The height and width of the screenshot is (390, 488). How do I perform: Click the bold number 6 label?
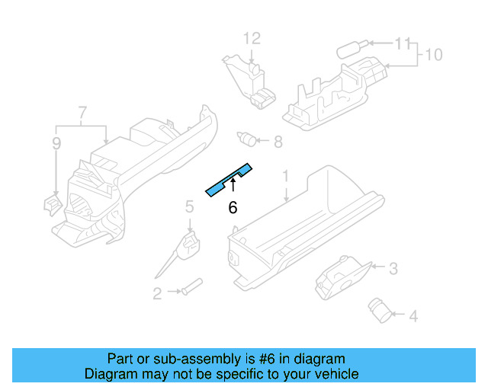pos(233,207)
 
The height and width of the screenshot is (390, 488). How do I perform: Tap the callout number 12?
pos(252,39)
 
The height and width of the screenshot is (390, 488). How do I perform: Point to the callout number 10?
pos(433,55)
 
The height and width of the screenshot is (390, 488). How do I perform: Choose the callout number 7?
pos(82,115)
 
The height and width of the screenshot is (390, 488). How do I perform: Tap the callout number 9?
pos(56,142)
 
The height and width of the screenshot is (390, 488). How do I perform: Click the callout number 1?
pos(286,177)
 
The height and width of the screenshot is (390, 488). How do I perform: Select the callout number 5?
pos(189,206)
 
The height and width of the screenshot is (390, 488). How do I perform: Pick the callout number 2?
pos(156,293)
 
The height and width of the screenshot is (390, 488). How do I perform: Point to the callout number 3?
pos(393,268)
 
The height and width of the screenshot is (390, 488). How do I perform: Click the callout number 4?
pos(413,315)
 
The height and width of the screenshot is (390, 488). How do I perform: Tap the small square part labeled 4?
pos(379,308)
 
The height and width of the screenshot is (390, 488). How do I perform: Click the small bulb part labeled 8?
pos(246,139)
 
